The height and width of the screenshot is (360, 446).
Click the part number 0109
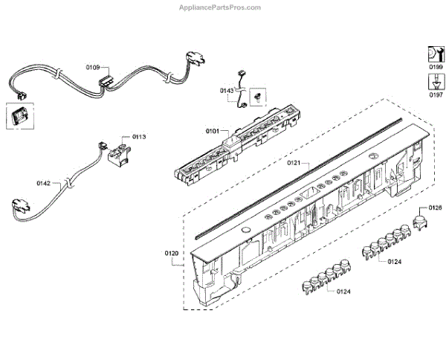tap(93, 68)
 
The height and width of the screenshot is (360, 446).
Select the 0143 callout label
tap(227, 90)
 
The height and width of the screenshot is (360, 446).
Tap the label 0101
tap(212, 132)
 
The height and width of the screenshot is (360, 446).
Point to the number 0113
tap(139, 136)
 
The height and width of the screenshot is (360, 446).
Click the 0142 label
tap(44, 182)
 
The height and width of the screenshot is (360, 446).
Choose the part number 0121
tap(294, 161)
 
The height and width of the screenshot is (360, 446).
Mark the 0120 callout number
tap(171, 254)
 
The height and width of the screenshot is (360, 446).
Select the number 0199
tap(435, 67)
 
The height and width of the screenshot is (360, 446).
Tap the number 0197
tap(435, 94)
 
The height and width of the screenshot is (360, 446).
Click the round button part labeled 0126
tap(420, 221)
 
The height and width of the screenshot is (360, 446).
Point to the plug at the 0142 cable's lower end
tap(19, 207)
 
